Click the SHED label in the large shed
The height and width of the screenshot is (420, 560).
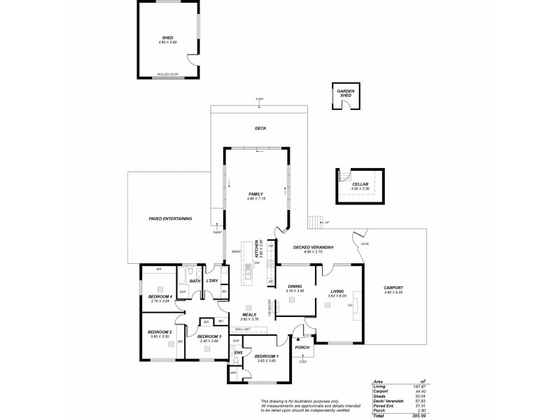coord(167,38)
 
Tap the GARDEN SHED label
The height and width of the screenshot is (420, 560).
coord(344,93)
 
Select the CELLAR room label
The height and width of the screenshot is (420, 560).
coord(360,184)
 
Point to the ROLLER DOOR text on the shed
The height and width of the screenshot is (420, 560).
coord(168,73)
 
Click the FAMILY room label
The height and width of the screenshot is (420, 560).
coord(255,194)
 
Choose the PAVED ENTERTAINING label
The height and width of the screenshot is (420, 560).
coord(170,219)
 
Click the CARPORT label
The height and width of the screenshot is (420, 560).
coord(393,288)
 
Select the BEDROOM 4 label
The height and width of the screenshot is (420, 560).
coord(160,296)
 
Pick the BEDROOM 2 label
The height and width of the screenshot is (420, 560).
coord(160,332)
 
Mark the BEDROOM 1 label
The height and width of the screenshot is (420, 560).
coord(267,356)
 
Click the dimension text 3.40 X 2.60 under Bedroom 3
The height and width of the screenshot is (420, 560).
coord(209,342)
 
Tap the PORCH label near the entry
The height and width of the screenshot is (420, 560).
coord(302,347)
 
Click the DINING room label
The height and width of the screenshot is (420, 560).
coord(295,286)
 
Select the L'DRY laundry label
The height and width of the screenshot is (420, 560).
coord(212,281)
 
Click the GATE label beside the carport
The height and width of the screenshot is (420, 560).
coord(365,244)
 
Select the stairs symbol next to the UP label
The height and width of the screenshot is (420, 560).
coord(314,222)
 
